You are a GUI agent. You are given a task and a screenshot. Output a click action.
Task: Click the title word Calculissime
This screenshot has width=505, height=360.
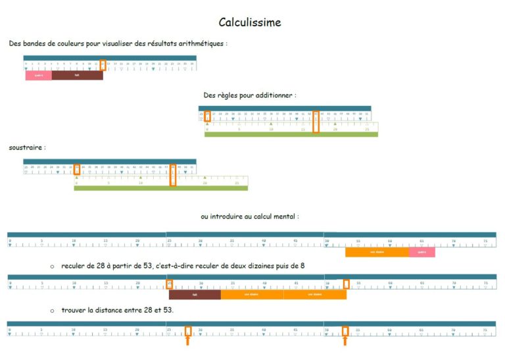[x=250, y=22]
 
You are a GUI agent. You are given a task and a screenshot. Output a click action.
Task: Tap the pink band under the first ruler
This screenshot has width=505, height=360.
[x=38, y=75]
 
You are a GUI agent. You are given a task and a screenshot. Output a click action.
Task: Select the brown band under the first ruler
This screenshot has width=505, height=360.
[x=77, y=75]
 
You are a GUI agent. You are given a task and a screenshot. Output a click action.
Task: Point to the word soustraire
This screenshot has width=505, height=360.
[x=26, y=147]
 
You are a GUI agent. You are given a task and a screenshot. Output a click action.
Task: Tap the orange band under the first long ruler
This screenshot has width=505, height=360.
[x=377, y=252]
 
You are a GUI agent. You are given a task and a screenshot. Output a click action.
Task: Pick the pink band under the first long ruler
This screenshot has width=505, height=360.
[x=421, y=252]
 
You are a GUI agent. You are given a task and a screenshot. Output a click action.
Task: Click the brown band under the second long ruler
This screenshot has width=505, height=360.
[x=195, y=295]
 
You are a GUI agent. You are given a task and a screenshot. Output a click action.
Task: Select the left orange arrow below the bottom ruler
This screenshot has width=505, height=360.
[x=188, y=340]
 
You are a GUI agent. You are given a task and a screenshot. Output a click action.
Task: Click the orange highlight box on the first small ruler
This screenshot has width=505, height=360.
[x=103, y=64]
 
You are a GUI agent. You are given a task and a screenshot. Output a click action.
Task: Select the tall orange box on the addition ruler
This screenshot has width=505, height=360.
[x=316, y=122]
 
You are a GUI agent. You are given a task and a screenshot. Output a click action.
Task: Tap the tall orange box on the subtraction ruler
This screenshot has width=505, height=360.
[x=173, y=174]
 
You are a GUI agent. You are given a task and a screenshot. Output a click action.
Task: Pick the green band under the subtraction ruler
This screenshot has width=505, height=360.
[x=160, y=188]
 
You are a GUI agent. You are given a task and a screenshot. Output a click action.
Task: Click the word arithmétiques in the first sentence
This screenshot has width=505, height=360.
[x=197, y=43]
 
